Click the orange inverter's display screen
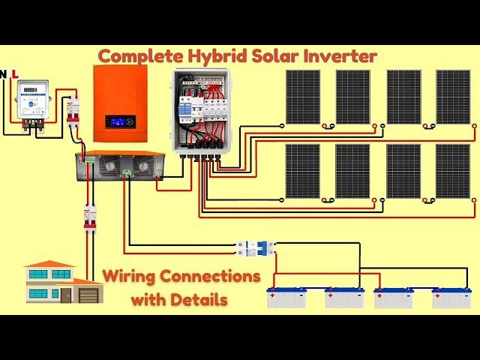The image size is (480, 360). tap(119, 121)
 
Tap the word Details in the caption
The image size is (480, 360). tap(196, 300)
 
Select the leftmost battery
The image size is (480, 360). tap(286, 298)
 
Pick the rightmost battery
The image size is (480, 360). tap(451, 298)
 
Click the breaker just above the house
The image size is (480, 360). tap(90, 218)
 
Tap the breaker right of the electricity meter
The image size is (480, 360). tap(73, 110)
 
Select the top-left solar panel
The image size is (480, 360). tap(302, 97)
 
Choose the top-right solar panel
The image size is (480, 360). tap(453, 97)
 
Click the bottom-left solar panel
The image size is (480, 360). tap(302, 171)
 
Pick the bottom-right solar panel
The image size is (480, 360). tap(453, 171)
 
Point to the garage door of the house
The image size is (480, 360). tap(88, 295)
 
